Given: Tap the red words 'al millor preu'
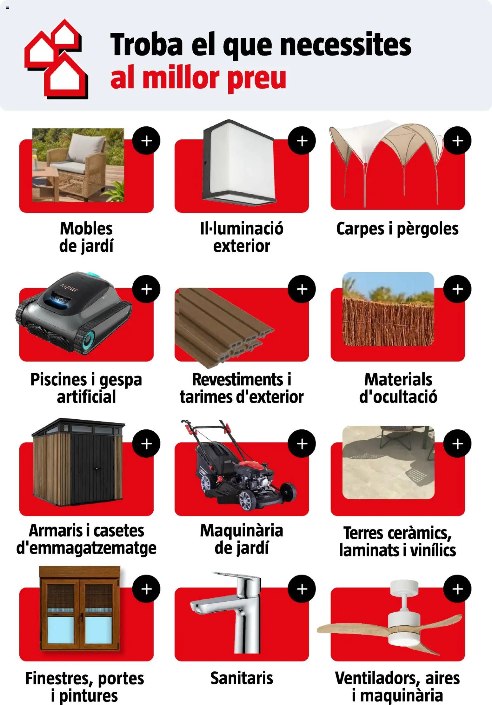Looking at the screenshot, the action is point(198,78).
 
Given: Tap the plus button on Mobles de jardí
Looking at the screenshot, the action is point(146,141).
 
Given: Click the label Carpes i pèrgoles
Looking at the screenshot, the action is point(397,229).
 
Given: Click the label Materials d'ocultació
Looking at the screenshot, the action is point(398,388).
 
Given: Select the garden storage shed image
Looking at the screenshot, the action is point(78,462).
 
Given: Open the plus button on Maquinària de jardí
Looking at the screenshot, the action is point(302,443).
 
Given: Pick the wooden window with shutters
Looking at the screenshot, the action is point(80,611).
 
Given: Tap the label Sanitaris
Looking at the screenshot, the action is point(242,678).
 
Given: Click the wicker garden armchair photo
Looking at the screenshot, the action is point(78,165).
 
